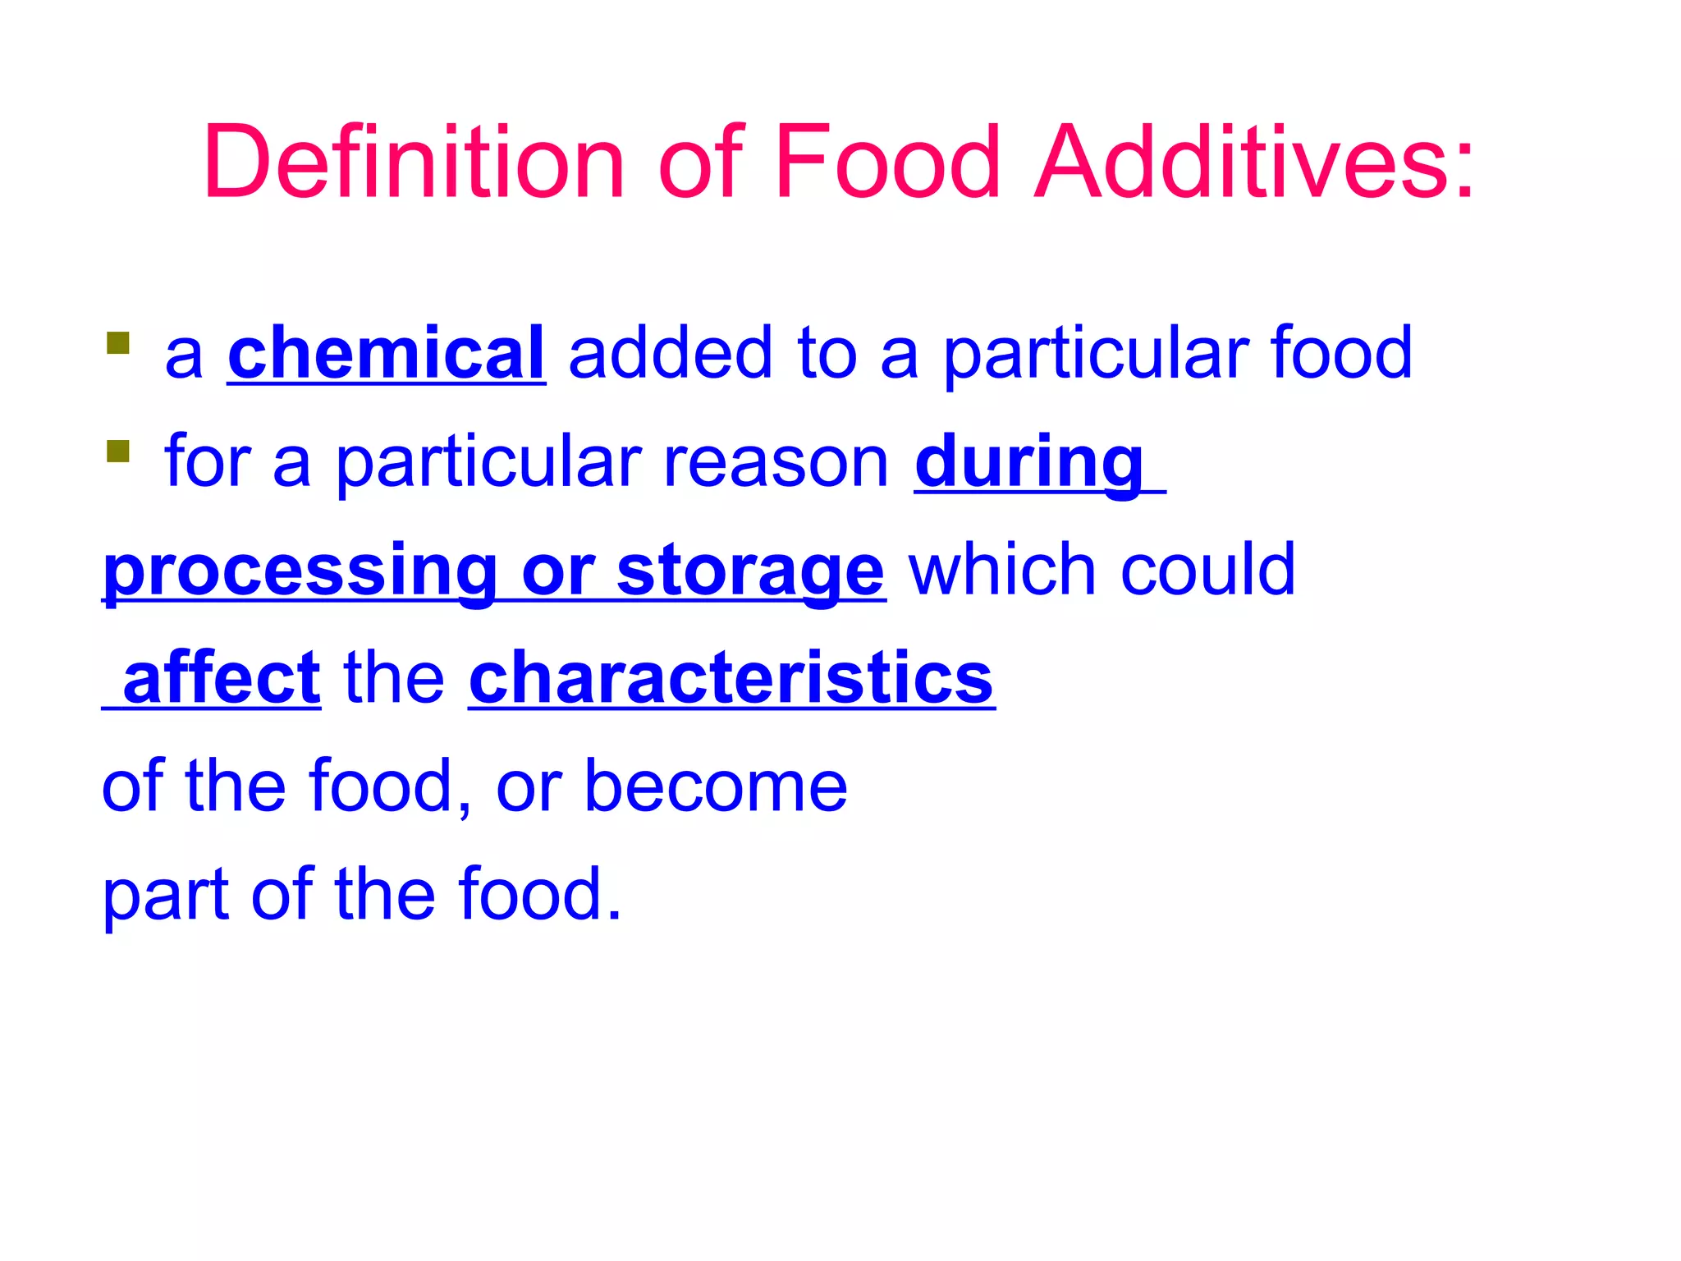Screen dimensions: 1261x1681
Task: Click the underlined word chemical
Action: (386, 353)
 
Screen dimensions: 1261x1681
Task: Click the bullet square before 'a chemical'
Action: (118, 343)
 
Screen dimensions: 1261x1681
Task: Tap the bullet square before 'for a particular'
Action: (118, 452)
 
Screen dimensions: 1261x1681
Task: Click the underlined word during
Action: (1029, 462)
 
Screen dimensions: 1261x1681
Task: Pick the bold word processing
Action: (300, 571)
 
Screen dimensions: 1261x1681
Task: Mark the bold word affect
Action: (221, 678)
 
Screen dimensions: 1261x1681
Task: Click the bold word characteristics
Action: (731, 678)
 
